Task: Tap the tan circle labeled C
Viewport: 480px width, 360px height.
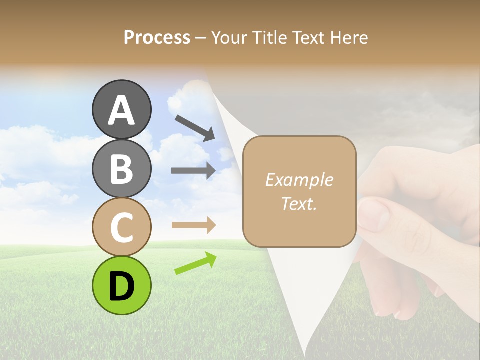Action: [121, 227]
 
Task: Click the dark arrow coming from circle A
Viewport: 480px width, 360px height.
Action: [195, 128]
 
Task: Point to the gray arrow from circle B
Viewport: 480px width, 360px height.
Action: [193, 170]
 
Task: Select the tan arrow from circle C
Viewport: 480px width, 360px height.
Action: [193, 225]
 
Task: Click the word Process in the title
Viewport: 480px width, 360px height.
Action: [157, 37]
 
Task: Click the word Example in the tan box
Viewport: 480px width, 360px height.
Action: [299, 180]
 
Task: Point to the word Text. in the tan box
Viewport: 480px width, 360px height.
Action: [299, 203]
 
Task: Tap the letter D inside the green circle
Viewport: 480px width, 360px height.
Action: [121, 287]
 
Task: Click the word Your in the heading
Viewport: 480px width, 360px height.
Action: [229, 37]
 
